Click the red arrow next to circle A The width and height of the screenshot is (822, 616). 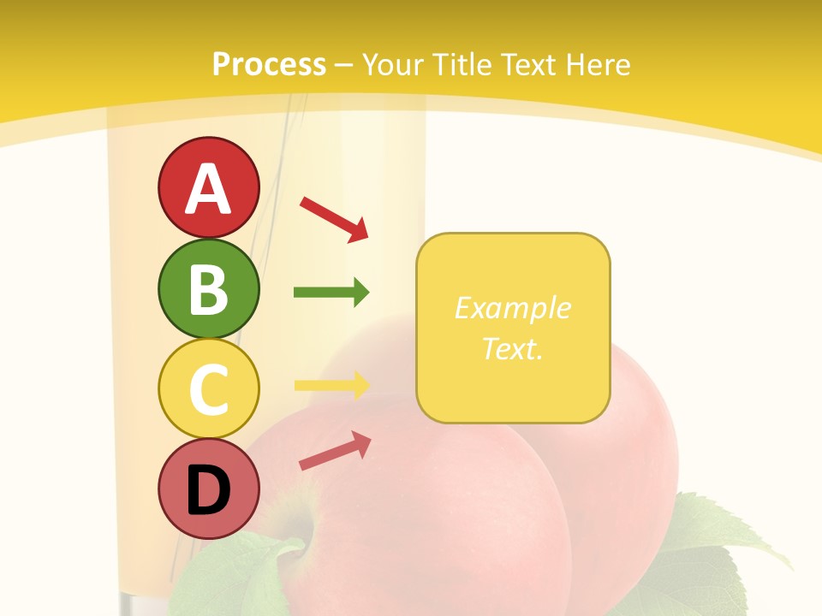click(x=334, y=218)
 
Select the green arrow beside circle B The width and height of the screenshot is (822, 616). click(x=331, y=293)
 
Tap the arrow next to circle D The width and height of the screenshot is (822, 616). click(x=335, y=450)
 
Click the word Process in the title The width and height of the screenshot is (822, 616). click(x=269, y=65)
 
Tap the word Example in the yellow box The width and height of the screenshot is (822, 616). click(x=512, y=308)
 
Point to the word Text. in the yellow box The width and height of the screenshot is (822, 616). click(x=512, y=348)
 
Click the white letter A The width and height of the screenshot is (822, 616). click(x=208, y=188)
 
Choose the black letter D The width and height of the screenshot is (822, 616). click(x=208, y=490)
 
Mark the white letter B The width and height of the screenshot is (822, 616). click(x=208, y=289)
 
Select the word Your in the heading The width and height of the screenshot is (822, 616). click(x=394, y=65)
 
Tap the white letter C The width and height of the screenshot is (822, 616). click(x=208, y=390)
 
